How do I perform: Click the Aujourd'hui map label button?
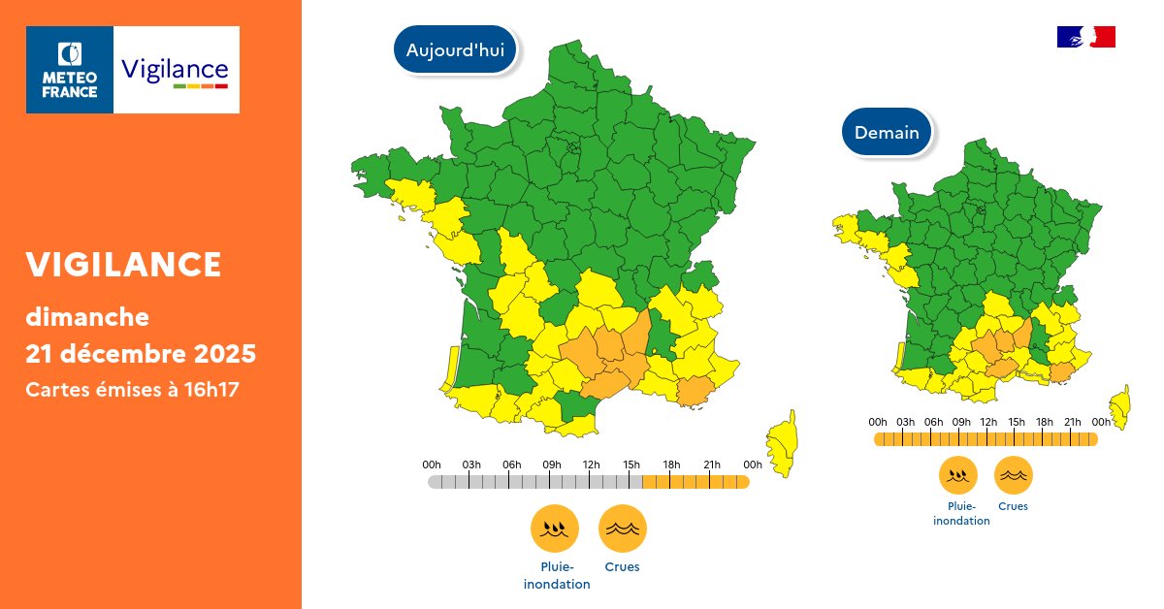click(455, 50)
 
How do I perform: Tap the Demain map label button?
click(887, 132)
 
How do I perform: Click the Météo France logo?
click(70, 70)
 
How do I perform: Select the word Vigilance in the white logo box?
click(175, 69)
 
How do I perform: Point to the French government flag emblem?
click(1085, 37)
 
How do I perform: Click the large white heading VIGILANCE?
click(123, 264)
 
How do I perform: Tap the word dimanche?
click(87, 316)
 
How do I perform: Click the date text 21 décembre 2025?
click(141, 354)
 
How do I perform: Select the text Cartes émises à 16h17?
click(132, 389)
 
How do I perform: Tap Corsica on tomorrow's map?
click(1120, 405)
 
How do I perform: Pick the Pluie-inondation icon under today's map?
click(555, 529)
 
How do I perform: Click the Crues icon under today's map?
click(622, 529)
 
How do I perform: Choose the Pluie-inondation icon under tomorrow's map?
click(958, 475)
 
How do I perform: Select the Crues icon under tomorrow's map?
click(1013, 475)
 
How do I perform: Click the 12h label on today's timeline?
click(591, 465)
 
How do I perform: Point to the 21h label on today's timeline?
click(712, 465)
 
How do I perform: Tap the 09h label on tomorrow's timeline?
click(961, 422)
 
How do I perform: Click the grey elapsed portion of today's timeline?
click(533, 482)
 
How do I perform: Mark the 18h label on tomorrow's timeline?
click(1045, 422)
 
